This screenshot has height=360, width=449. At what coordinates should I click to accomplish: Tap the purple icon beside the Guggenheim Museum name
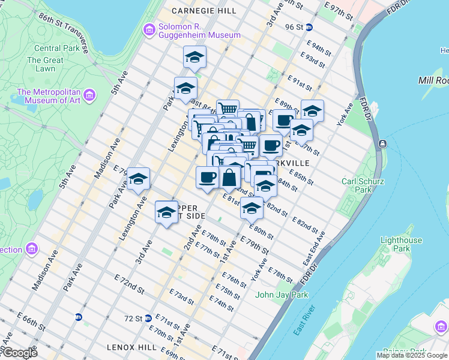(149, 29)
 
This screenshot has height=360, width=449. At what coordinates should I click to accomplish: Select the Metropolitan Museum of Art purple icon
(89, 95)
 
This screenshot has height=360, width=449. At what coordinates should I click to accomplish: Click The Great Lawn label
(45, 64)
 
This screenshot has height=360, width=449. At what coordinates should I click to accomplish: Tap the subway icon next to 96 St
(309, 27)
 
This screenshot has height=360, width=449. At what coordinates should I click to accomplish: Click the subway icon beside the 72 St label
(148, 318)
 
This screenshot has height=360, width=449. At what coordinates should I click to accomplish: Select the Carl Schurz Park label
(363, 185)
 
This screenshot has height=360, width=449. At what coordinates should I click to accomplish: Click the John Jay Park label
(282, 295)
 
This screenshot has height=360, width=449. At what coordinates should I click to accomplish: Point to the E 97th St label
(339, 10)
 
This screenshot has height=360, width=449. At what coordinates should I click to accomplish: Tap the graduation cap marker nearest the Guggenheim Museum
(194, 58)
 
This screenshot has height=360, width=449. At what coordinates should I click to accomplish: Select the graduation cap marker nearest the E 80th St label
(252, 209)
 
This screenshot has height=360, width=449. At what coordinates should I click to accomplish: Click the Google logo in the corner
(19, 353)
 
